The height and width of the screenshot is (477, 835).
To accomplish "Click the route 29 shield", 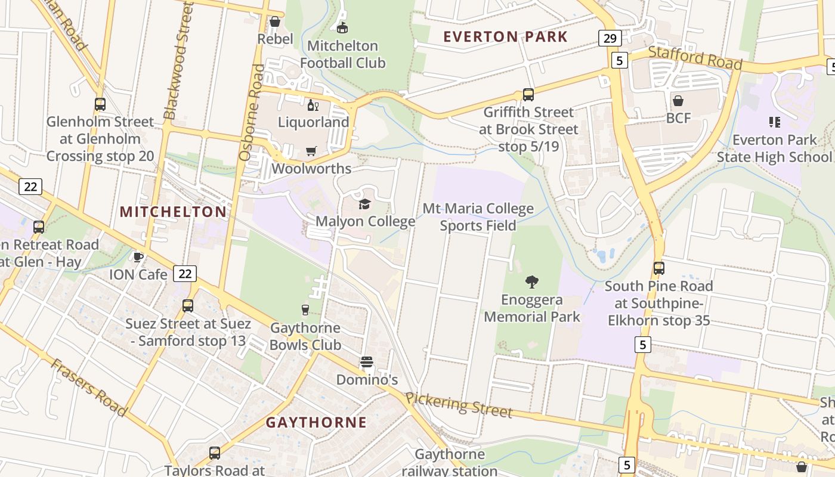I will coord(610,39).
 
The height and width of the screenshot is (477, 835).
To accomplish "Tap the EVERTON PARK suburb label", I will coord(505,36).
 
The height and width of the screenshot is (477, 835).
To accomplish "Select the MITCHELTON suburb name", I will coord(173,212).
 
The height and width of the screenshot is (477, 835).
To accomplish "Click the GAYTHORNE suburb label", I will coord(316,422).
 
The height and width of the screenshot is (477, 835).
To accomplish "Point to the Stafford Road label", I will coord(695,58).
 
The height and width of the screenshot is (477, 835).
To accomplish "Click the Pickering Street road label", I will coord(459,405).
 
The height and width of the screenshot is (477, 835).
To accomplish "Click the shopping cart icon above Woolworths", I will coord(311,151).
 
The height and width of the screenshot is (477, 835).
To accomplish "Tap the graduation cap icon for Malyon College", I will coord(364,205).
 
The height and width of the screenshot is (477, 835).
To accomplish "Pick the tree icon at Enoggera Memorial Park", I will coord(531,281).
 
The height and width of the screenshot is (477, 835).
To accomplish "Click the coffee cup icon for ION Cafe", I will coord(138,257).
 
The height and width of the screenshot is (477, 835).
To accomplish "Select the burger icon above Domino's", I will coord(366,363).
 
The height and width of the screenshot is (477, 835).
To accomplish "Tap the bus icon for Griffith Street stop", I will coord(528,95).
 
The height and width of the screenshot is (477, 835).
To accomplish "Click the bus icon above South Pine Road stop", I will coord(658,268).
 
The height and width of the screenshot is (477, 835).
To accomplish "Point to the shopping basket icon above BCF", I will coord(678,100).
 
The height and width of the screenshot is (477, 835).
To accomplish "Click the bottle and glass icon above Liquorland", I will coord(313,106).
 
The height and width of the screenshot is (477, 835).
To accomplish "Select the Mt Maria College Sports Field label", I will coord(478,217).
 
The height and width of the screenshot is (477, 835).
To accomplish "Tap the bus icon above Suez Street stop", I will coord(188,306).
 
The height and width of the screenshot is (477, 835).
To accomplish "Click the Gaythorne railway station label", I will coord(450,462).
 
